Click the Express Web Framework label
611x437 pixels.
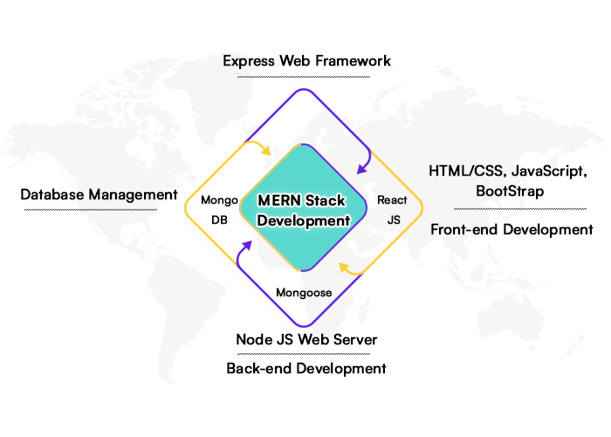tap(305, 61)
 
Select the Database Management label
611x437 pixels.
tap(99, 194)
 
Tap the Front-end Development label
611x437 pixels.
tap(511, 230)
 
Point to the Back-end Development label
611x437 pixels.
tap(305, 368)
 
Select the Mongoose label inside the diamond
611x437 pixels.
tap(304, 293)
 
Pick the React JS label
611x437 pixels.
tap(392, 210)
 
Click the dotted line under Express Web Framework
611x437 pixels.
tap(305, 77)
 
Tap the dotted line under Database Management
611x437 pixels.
tap(99, 210)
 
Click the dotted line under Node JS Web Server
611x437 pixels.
tap(305, 353)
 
